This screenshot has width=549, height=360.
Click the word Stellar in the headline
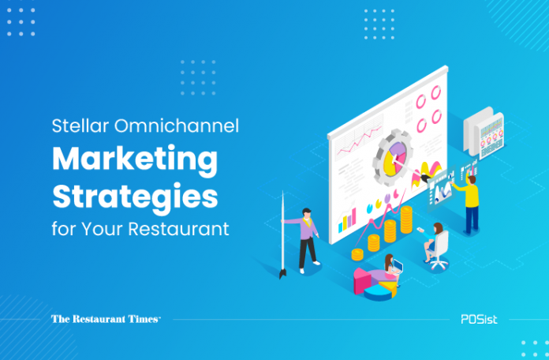pyautogui.click(x=80, y=126)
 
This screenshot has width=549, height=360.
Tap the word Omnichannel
pyautogui.click(x=177, y=126)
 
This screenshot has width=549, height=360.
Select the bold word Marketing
pyautogui.click(x=135, y=159)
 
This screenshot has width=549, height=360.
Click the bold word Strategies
pyautogui.click(x=135, y=197)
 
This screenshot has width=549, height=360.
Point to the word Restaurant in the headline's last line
pyautogui.click(x=178, y=229)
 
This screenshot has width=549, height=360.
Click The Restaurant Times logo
pyautogui.click(x=106, y=319)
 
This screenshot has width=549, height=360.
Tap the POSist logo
pyautogui.click(x=479, y=319)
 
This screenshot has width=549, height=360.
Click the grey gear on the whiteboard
pyautogui.click(x=393, y=157)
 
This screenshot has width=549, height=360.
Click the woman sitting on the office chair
pyautogui.click(x=433, y=242)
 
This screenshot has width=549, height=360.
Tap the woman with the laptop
pyautogui.click(x=391, y=268)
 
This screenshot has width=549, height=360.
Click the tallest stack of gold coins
pyautogui.click(x=406, y=219)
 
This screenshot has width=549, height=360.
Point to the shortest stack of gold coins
pyautogui.click(x=357, y=254)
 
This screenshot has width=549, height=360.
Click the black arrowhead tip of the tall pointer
pyautogui.click(x=282, y=274)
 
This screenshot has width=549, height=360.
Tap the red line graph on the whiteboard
pyautogui.click(x=359, y=141)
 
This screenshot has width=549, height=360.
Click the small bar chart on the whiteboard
pyautogui.click(x=347, y=220)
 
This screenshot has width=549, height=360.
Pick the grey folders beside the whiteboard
pyautogui.click(x=484, y=132)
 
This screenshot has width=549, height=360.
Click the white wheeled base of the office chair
pyautogui.click(x=437, y=263)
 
